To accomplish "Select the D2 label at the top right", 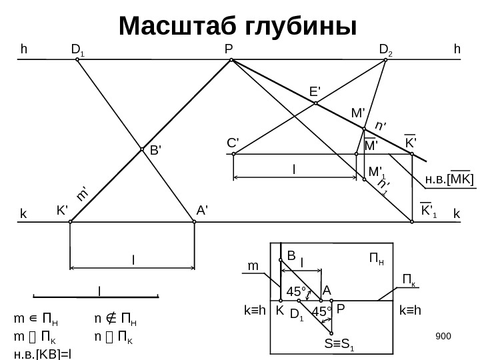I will click(386, 49).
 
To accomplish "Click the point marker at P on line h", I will click(231, 60).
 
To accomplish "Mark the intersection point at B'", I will click(142, 149).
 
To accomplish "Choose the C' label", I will click(233, 143).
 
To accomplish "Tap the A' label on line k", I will click(203, 209).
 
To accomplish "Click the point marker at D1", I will click(77, 60).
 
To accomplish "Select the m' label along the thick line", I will click(83, 193).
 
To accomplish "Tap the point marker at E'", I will click(316, 103).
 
